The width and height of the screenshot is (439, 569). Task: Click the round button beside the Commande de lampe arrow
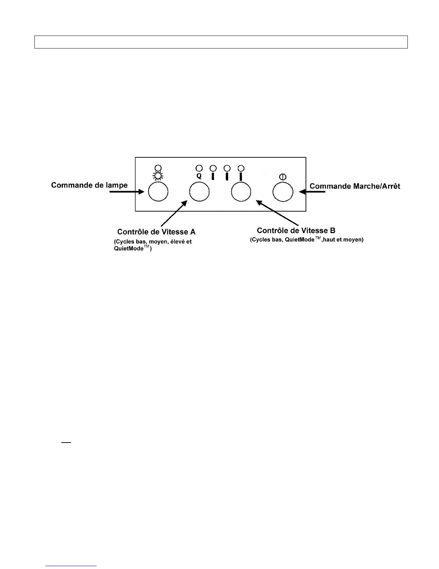pyautogui.click(x=158, y=192)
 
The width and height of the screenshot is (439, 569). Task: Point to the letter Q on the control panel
pyautogui.click(x=199, y=176)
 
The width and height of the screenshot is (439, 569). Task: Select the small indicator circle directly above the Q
pyautogui.click(x=199, y=167)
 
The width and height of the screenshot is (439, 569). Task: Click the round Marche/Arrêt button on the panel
pyautogui.click(x=283, y=192)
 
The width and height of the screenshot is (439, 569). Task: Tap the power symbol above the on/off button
pyautogui.click(x=283, y=177)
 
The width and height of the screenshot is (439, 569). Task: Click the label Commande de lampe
pyautogui.click(x=89, y=185)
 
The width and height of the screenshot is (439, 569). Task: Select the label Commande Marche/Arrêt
pyautogui.click(x=355, y=186)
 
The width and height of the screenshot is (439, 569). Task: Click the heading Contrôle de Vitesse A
pyautogui.click(x=156, y=232)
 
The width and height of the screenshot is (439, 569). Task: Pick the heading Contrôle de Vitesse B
pyautogui.click(x=296, y=230)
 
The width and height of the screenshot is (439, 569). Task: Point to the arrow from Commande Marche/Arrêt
pyautogui.click(x=312, y=192)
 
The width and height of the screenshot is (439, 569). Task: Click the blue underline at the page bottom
pyautogui.click(x=71, y=566)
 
